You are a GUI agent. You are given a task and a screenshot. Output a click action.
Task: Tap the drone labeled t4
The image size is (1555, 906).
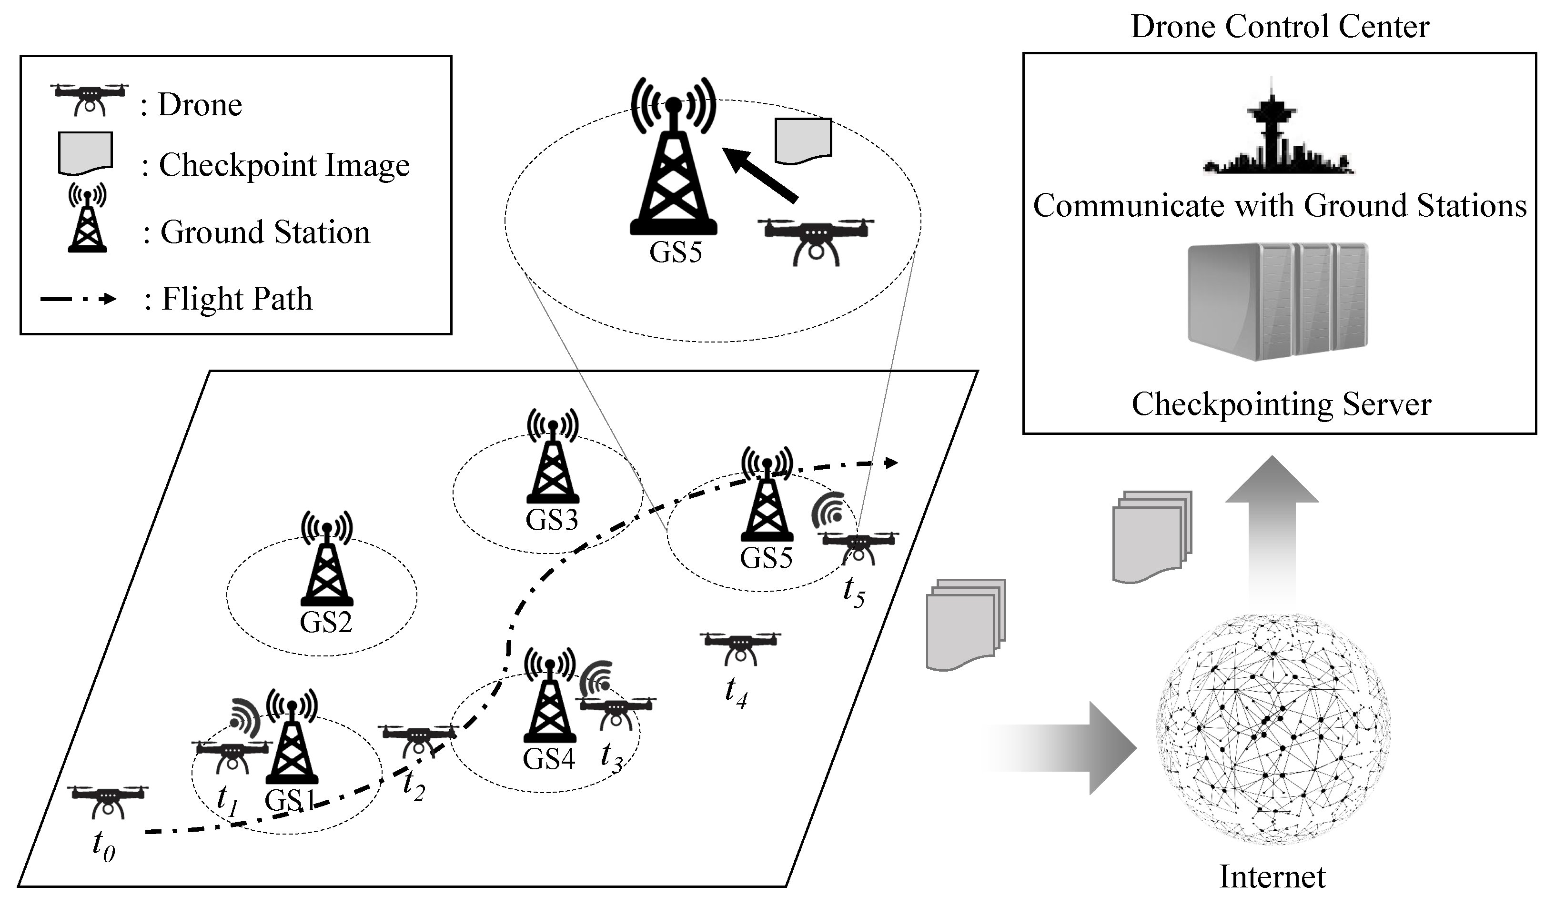coord(740,647)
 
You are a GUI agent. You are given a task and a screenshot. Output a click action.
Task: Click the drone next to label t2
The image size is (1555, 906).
coord(418,738)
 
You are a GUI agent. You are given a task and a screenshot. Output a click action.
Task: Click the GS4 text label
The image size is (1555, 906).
coord(548,758)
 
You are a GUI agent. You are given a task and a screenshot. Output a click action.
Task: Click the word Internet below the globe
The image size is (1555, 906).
coord(1272,876)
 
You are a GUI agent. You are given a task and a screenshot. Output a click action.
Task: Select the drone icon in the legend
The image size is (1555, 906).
coord(90,98)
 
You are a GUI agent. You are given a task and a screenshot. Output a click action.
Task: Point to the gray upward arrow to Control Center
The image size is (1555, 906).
coord(1271,524)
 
